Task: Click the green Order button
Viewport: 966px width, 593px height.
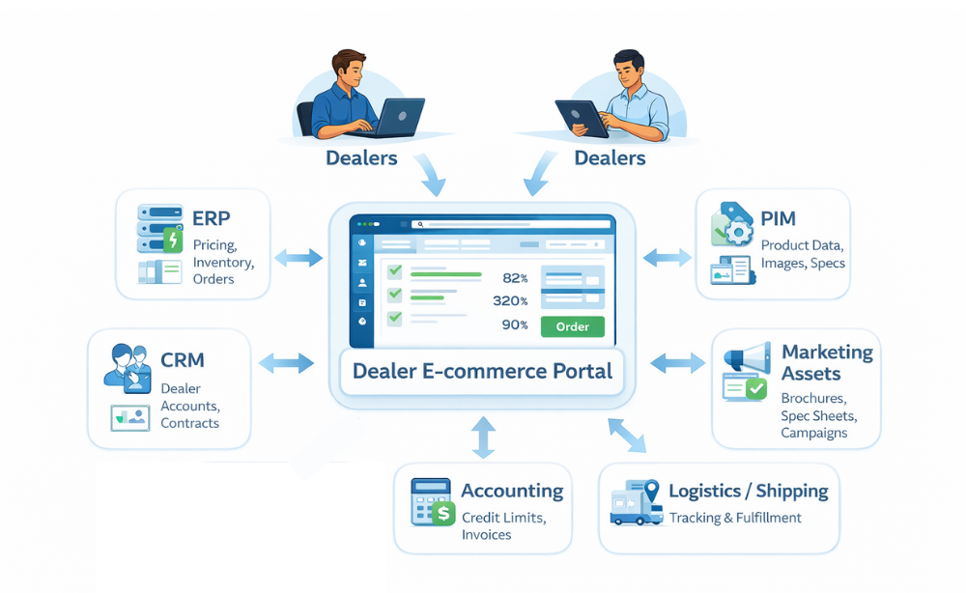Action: click(573, 326)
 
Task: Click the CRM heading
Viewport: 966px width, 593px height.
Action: click(184, 360)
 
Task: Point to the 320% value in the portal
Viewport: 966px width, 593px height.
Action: click(509, 300)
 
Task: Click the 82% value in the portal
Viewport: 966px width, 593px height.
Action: click(515, 277)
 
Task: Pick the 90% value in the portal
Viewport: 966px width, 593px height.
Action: click(515, 325)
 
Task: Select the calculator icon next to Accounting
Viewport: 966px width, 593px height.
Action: click(432, 502)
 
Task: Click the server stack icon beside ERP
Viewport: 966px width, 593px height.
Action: click(158, 228)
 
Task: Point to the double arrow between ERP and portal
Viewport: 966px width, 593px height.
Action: click(298, 258)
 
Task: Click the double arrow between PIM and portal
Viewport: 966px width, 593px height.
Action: click(668, 257)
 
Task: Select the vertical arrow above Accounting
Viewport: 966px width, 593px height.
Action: click(483, 437)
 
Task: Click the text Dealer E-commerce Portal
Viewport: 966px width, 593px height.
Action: click(483, 371)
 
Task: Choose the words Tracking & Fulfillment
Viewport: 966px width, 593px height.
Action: click(735, 518)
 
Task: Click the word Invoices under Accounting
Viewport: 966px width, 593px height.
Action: click(486, 535)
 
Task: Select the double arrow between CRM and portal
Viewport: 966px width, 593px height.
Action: click(287, 363)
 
